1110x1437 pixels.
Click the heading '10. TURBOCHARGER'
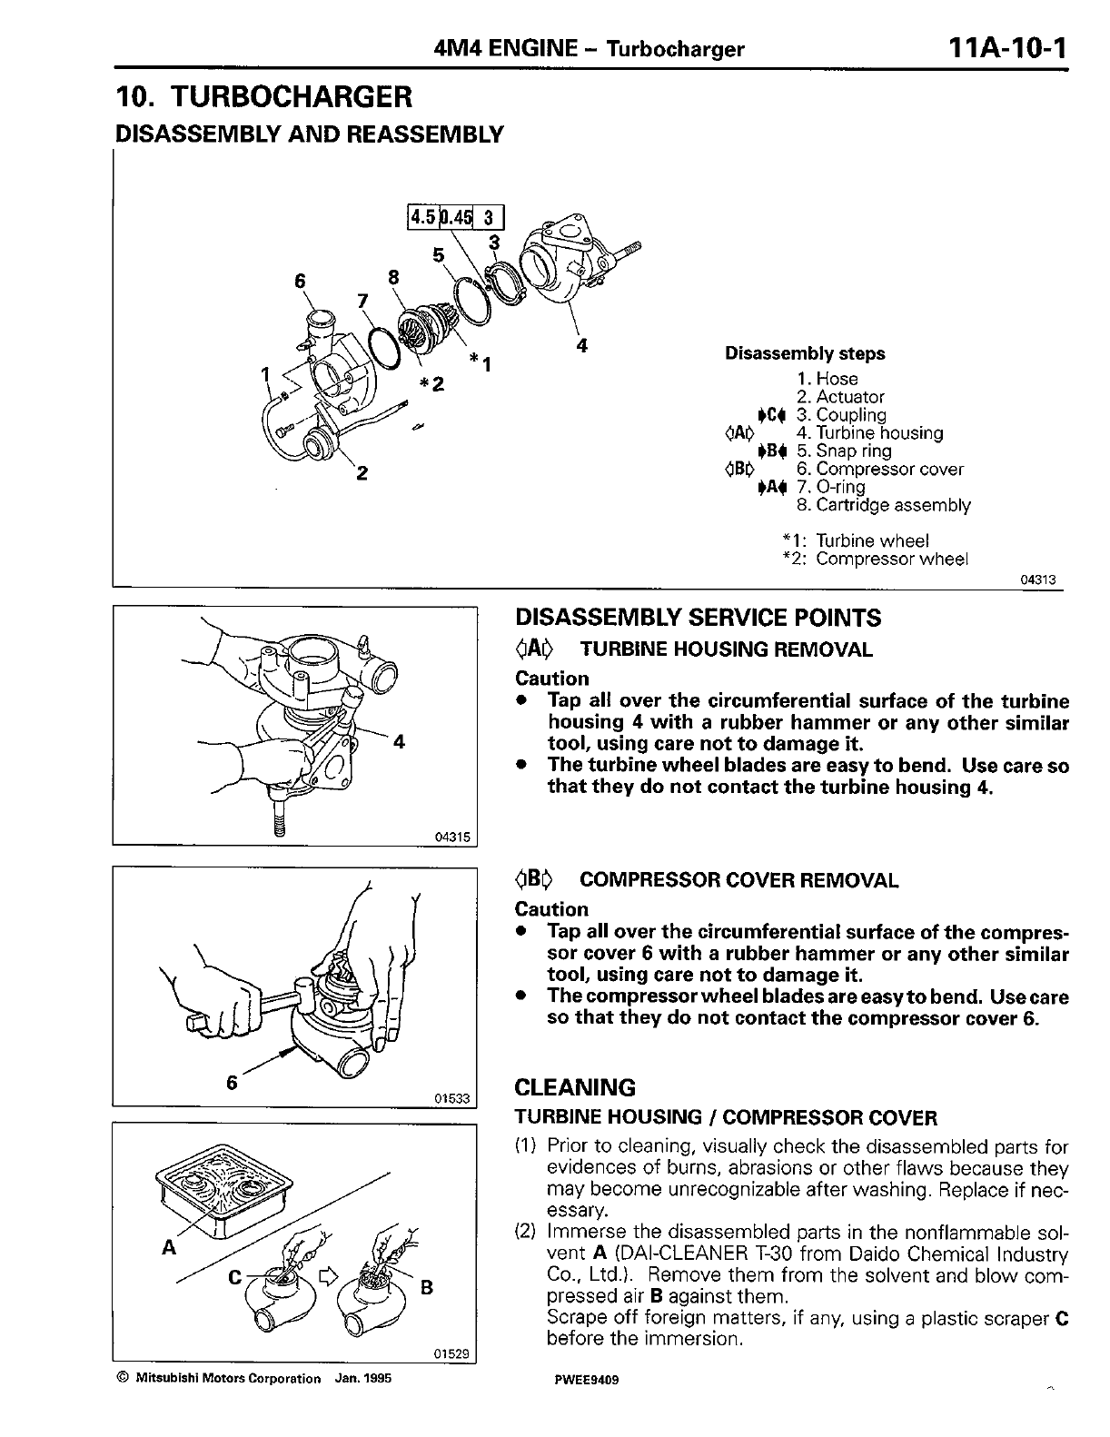coord(264,95)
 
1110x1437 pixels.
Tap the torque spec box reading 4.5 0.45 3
coord(455,217)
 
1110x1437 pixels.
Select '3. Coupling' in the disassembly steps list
coord(840,415)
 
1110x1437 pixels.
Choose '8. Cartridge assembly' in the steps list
coord(883,505)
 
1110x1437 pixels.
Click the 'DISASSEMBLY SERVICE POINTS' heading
coord(698,619)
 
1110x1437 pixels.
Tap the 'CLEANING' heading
coord(575,1087)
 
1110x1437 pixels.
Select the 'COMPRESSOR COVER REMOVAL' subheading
coord(738,880)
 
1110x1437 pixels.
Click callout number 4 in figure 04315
coord(398,741)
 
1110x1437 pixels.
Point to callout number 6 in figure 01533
coord(233,1082)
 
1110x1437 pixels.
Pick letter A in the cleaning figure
coord(167,1248)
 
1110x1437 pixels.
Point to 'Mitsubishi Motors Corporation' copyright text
coord(228,1378)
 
